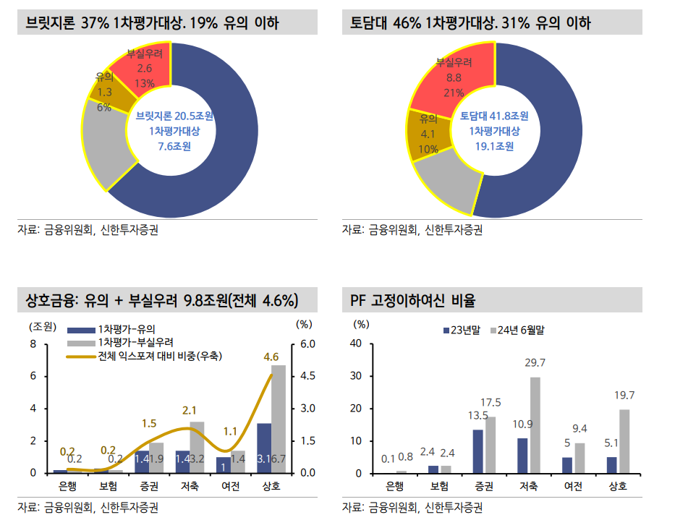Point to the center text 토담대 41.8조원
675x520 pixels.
(x=494, y=116)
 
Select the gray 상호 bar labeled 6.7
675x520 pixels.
(x=278, y=419)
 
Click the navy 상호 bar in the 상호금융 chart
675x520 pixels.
(x=263, y=448)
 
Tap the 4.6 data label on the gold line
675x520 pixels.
(x=271, y=357)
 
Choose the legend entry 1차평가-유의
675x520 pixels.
(x=126, y=328)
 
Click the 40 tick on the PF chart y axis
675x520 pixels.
(x=356, y=344)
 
